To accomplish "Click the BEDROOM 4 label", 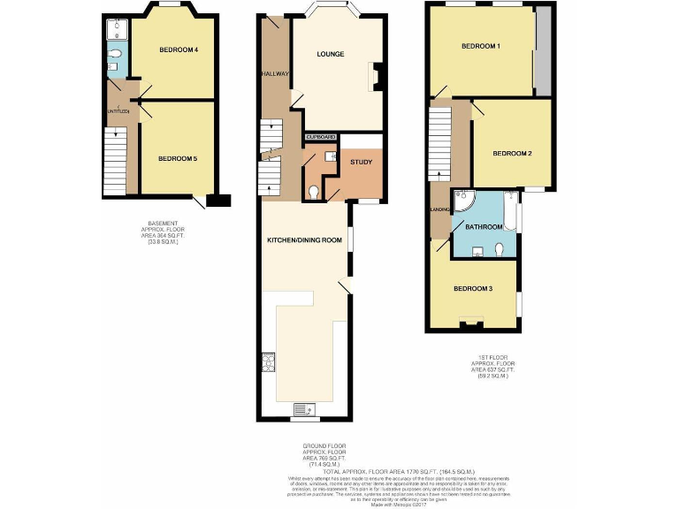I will click(178, 49).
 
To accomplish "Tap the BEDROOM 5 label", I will click(177, 158).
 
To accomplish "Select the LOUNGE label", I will click(331, 55).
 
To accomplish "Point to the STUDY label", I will click(361, 163).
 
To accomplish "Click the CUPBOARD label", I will click(321, 138).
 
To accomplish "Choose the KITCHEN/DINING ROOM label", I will click(305, 240).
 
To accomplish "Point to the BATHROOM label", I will click(484, 227).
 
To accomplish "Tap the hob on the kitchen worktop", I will click(267, 362).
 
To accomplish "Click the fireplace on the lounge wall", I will click(375, 77).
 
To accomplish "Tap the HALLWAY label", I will click(275, 74).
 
